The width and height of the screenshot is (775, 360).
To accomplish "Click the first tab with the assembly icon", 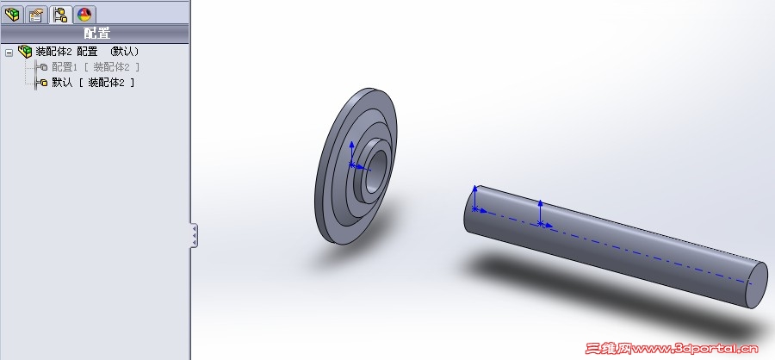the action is [x=12, y=15].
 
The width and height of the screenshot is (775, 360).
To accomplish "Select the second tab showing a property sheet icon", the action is [x=36, y=15].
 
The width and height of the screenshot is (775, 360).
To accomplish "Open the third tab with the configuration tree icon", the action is [x=60, y=15].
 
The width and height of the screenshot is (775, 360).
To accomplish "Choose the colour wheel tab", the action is [x=84, y=15].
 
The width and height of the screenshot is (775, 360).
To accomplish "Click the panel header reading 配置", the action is [x=96, y=34].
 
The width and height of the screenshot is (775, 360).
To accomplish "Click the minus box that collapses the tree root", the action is [x=9, y=53].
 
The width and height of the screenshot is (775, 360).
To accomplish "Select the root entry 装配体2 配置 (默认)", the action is [x=88, y=52].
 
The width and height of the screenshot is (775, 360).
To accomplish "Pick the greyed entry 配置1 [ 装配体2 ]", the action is [x=96, y=67].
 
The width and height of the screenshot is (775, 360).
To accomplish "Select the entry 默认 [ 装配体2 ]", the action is [x=93, y=83].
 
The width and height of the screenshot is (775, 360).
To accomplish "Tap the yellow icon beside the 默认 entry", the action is [x=44, y=83].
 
